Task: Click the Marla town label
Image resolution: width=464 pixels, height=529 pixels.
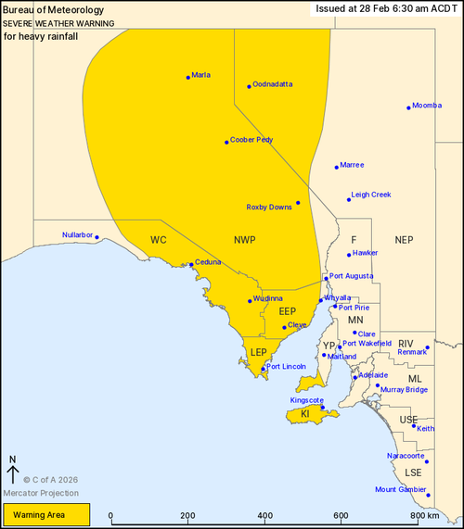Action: (201, 75)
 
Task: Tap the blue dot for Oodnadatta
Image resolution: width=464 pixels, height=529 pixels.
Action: (250, 86)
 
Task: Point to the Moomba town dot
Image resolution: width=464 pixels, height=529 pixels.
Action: (408, 107)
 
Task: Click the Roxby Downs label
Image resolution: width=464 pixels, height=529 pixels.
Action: (269, 207)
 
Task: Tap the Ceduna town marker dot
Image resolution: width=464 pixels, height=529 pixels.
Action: (191, 265)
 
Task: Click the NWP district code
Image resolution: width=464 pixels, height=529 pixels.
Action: (244, 240)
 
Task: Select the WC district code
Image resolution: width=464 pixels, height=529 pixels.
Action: (158, 240)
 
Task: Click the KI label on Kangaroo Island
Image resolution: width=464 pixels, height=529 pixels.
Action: (304, 414)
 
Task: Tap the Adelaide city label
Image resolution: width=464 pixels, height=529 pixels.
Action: (373, 375)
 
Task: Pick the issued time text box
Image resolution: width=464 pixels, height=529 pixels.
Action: (386, 8)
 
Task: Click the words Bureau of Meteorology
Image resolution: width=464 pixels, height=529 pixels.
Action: (45, 9)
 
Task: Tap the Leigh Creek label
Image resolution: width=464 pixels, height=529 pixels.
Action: (371, 195)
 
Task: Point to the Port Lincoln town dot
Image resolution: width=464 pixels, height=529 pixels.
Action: (264, 369)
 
